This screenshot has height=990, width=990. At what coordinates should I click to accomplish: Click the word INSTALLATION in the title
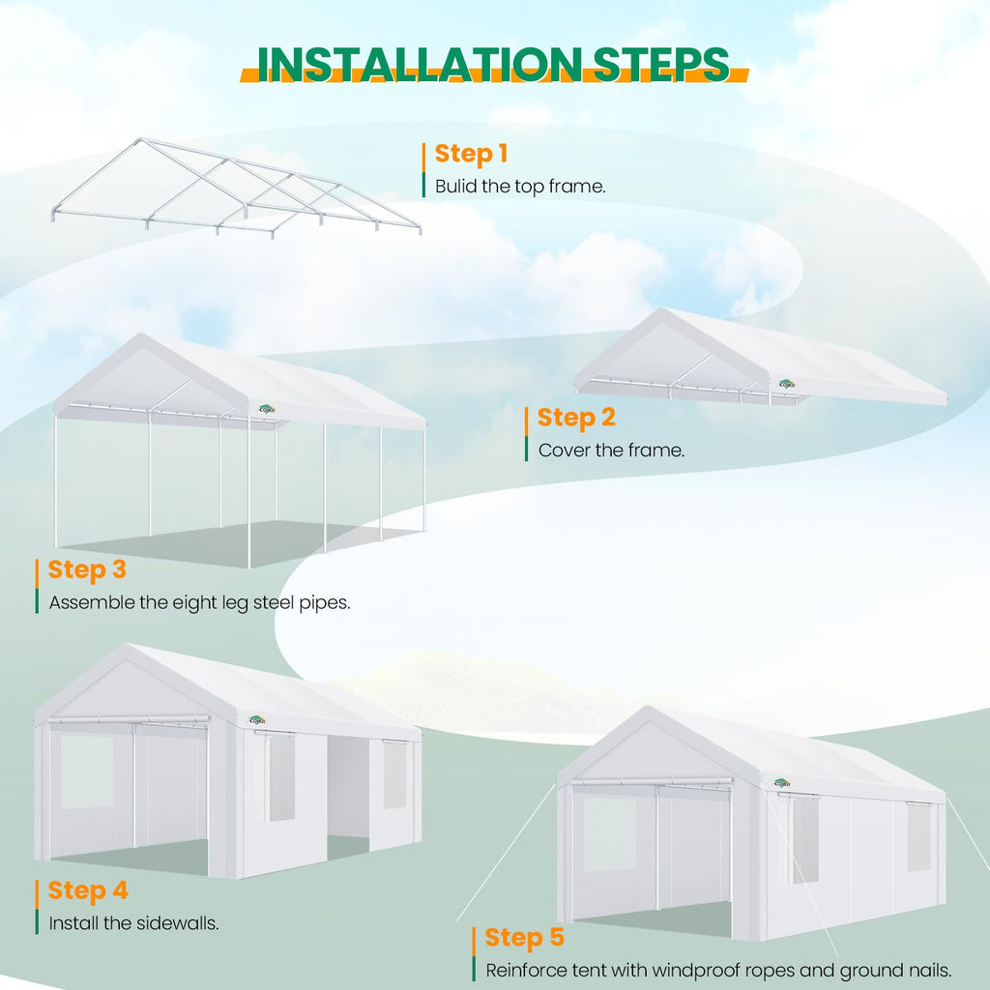pos(420,64)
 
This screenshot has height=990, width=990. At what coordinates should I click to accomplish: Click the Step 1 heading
pos(471,154)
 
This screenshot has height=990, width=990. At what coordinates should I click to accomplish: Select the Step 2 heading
pos(576,418)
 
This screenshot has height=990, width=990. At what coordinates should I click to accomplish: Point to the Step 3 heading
pos(87,569)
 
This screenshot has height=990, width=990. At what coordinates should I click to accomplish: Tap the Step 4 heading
pos(88,890)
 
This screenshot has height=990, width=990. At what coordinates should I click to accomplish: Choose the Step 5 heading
pos(524,938)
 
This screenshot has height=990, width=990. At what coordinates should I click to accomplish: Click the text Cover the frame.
pos(611,451)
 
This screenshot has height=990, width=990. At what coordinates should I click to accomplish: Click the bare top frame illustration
pos(236,188)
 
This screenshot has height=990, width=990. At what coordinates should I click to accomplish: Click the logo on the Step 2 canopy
pos(787,384)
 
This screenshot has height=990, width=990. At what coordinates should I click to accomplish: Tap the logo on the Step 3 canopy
pos(267,409)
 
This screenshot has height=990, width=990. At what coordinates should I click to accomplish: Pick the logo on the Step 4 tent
pos(257,720)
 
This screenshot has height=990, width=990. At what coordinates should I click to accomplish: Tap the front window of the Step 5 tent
pos(609,833)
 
